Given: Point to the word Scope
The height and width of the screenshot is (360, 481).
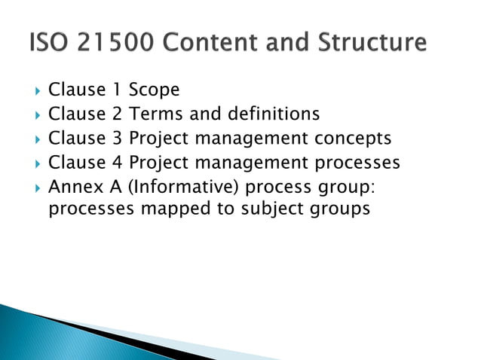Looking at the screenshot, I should (x=154, y=90).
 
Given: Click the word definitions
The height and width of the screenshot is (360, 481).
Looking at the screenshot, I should (x=271, y=114).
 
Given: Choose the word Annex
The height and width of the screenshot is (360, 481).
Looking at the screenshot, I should (x=72, y=187).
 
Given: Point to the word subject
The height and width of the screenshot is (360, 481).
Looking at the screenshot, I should (x=274, y=209).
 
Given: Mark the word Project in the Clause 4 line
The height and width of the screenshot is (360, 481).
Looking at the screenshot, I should (x=155, y=163).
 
